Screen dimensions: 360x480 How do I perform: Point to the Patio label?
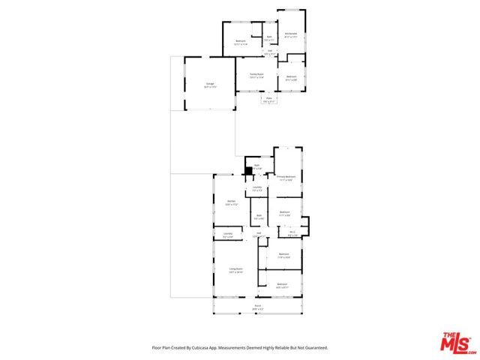(268, 99)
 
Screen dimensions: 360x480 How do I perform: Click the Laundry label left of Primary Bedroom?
(257, 188)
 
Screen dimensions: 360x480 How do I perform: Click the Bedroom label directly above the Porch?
(282, 285)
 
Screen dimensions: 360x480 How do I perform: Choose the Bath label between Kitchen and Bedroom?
(257, 217)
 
